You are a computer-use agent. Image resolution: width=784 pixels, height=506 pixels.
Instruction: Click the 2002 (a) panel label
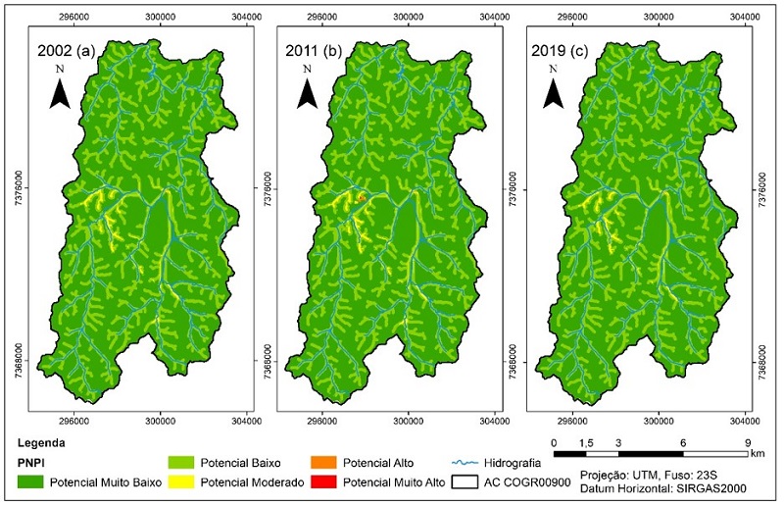tap(66, 51)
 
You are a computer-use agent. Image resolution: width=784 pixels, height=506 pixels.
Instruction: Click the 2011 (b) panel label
tap(318, 51)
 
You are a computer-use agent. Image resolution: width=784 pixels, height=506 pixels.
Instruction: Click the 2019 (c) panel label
tap(567, 51)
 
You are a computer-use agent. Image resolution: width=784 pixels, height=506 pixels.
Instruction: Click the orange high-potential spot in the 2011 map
tap(361, 198)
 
